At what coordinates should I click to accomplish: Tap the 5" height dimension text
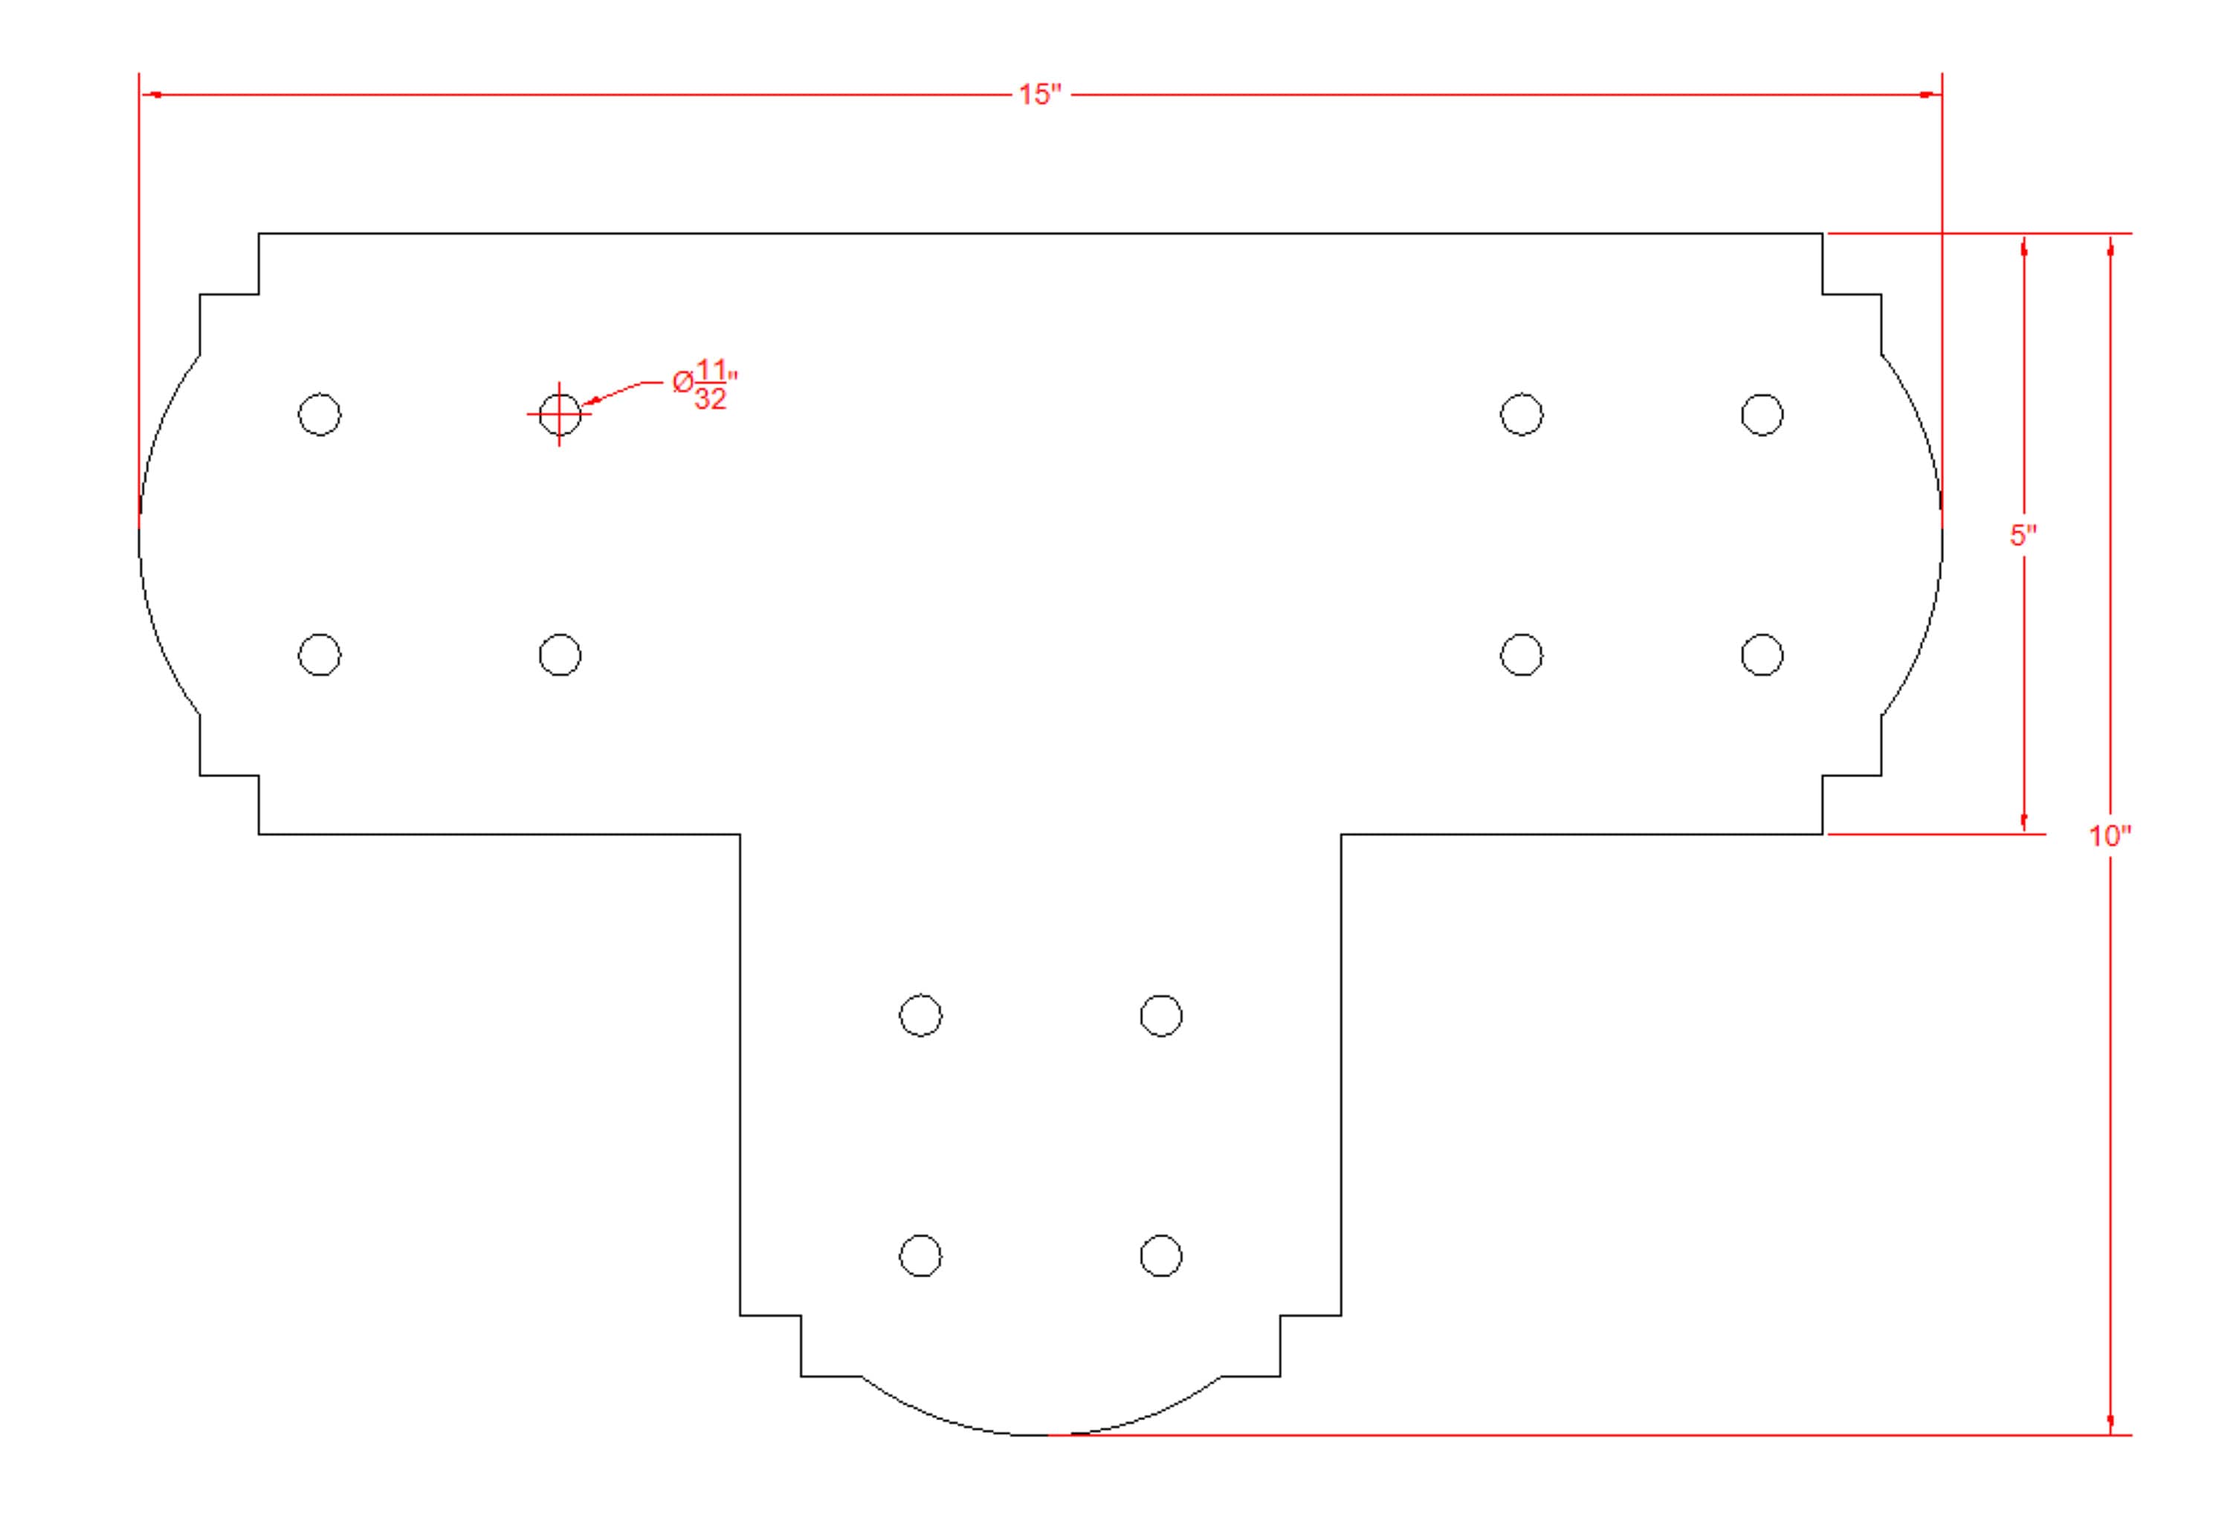2023,536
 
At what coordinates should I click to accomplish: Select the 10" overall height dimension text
2110,835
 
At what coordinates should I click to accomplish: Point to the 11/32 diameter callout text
705,384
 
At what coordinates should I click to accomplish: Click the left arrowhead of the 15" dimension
152,94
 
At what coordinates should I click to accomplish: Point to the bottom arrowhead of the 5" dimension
2023,823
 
